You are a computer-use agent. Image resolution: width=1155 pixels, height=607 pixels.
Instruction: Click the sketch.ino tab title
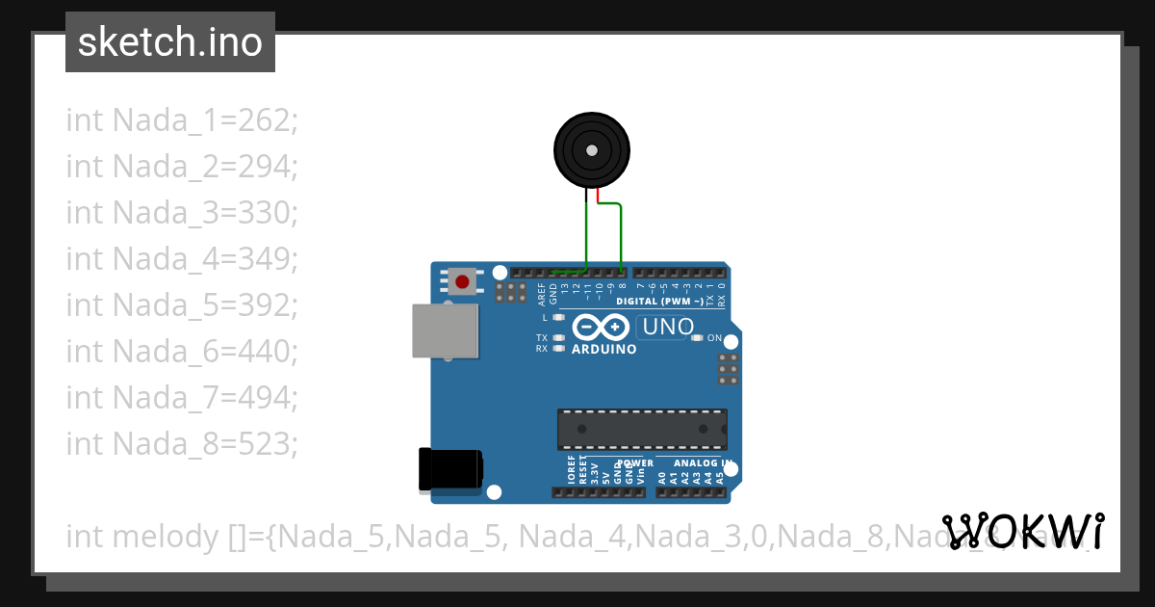[x=170, y=42]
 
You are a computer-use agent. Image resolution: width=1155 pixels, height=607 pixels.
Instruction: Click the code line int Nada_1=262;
[x=182, y=120]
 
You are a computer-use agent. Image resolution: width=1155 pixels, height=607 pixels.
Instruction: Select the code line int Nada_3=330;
[x=182, y=212]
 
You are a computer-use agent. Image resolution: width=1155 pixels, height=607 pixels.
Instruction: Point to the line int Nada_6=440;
[x=182, y=351]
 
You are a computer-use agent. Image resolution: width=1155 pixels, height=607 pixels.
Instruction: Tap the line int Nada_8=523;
[x=182, y=443]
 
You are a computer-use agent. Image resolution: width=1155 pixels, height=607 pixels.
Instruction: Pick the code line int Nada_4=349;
[x=182, y=258]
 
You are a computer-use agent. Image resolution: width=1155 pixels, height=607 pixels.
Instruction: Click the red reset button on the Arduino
[x=462, y=281]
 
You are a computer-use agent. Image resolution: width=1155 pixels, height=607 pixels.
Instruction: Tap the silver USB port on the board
[x=445, y=330]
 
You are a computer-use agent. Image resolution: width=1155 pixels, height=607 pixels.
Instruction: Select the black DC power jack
[x=450, y=470]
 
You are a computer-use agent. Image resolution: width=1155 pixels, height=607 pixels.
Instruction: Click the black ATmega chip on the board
[x=642, y=429]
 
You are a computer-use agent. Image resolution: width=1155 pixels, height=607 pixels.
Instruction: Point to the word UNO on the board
[x=668, y=328]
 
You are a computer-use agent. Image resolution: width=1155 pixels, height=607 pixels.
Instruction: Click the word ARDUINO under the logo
[x=604, y=350]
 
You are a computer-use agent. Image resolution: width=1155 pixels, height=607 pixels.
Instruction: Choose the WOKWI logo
[x=1023, y=531]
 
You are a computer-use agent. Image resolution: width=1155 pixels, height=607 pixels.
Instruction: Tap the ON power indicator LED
[x=697, y=338]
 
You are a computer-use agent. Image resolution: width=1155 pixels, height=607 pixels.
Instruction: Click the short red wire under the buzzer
[x=599, y=197]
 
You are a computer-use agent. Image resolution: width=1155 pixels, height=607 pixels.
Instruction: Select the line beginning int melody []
[x=577, y=536]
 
